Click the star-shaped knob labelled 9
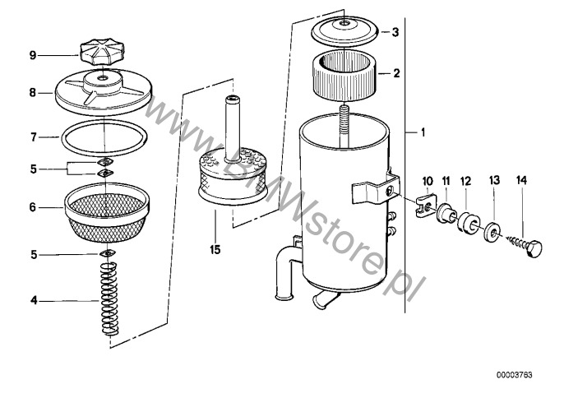click(102, 52)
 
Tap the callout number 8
click(33, 93)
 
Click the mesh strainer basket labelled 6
click(107, 212)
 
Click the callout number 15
click(215, 249)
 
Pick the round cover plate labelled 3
click(344, 33)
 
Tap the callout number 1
click(423, 132)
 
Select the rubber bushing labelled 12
click(468, 223)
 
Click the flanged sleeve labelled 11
click(446, 213)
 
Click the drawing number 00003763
click(515, 375)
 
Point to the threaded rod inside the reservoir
click(344, 124)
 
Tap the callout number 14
click(521, 180)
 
